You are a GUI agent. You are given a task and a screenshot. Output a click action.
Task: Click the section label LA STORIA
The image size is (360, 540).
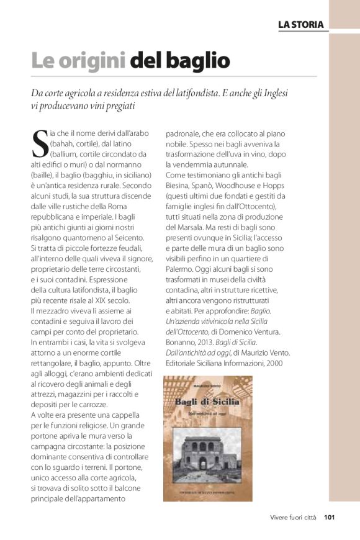(x=301, y=24)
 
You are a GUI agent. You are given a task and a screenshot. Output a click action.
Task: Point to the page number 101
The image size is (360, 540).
(x=329, y=516)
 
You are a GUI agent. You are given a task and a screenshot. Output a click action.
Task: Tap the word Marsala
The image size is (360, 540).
(x=190, y=228)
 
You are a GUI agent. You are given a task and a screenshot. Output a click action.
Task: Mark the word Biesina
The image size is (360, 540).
(x=180, y=186)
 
